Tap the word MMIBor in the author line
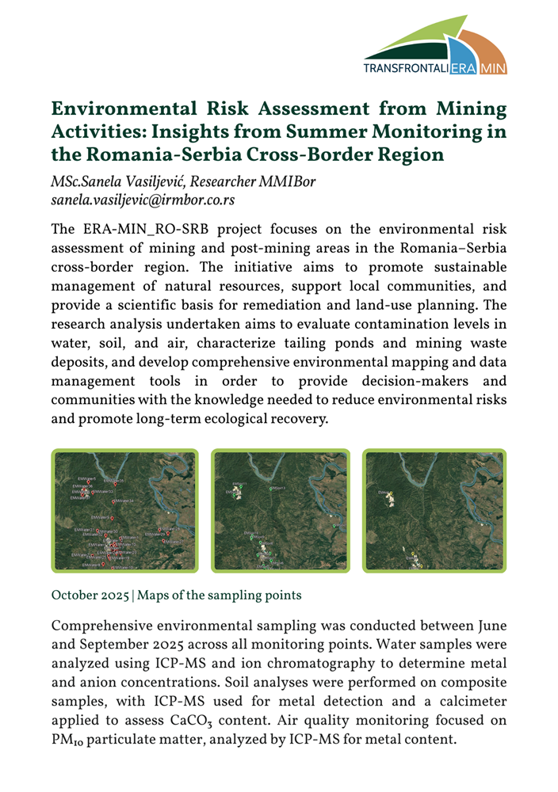coord(291,182)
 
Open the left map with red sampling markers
coord(124,511)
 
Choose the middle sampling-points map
coord(279,511)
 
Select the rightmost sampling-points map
coord(434,511)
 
